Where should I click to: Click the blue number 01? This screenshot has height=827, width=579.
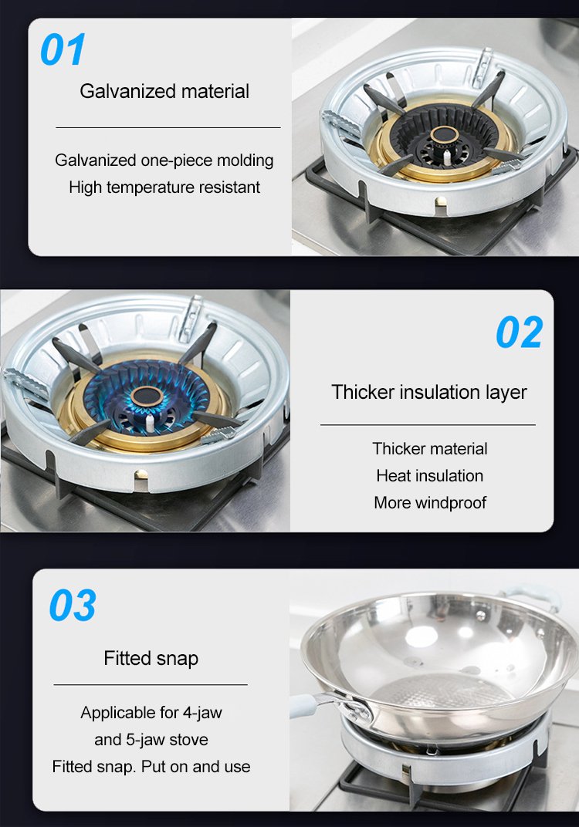pos(63,49)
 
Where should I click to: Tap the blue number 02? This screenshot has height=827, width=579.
pos(520,332)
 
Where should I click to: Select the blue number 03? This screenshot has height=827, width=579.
pos(73,606)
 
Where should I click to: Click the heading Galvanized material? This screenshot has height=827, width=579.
pos(164,91)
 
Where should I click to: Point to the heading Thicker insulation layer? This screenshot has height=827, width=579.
pos(429,393)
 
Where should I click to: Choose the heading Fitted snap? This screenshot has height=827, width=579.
pos(151,658)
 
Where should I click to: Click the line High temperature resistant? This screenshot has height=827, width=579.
pos(164,187)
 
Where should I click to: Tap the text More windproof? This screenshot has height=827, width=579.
pos(430,503)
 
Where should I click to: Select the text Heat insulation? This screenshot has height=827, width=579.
pos(430,476)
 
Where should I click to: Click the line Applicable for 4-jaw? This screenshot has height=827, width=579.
pos(151,713)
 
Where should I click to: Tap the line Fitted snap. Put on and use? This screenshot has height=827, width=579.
pos(151,766)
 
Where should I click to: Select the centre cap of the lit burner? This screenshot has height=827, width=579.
pos(147,397)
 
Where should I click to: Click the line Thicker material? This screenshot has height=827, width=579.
pos(430,449)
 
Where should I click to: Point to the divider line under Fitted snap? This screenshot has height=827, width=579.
pos(151,684)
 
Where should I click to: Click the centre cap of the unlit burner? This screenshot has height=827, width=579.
pos(445,135)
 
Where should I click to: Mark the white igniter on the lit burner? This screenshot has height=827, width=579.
pos(150,423)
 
